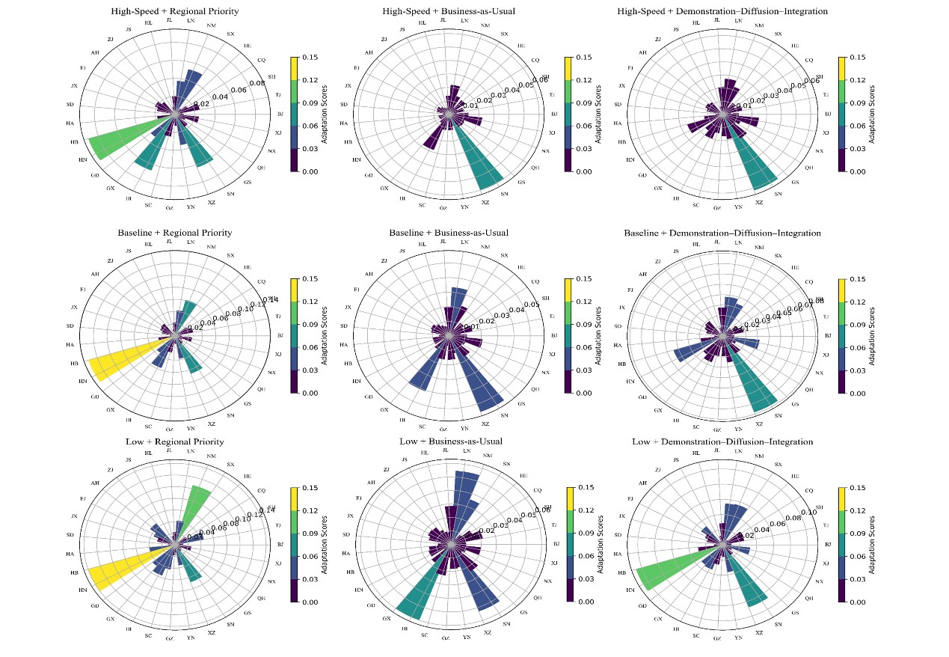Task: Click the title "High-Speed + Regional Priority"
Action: [175, 11]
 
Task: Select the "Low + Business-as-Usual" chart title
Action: [449, 441]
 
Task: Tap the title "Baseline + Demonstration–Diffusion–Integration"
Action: [722, 233]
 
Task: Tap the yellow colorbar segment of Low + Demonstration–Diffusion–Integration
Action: [841, 499]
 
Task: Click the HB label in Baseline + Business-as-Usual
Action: [348, 363]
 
